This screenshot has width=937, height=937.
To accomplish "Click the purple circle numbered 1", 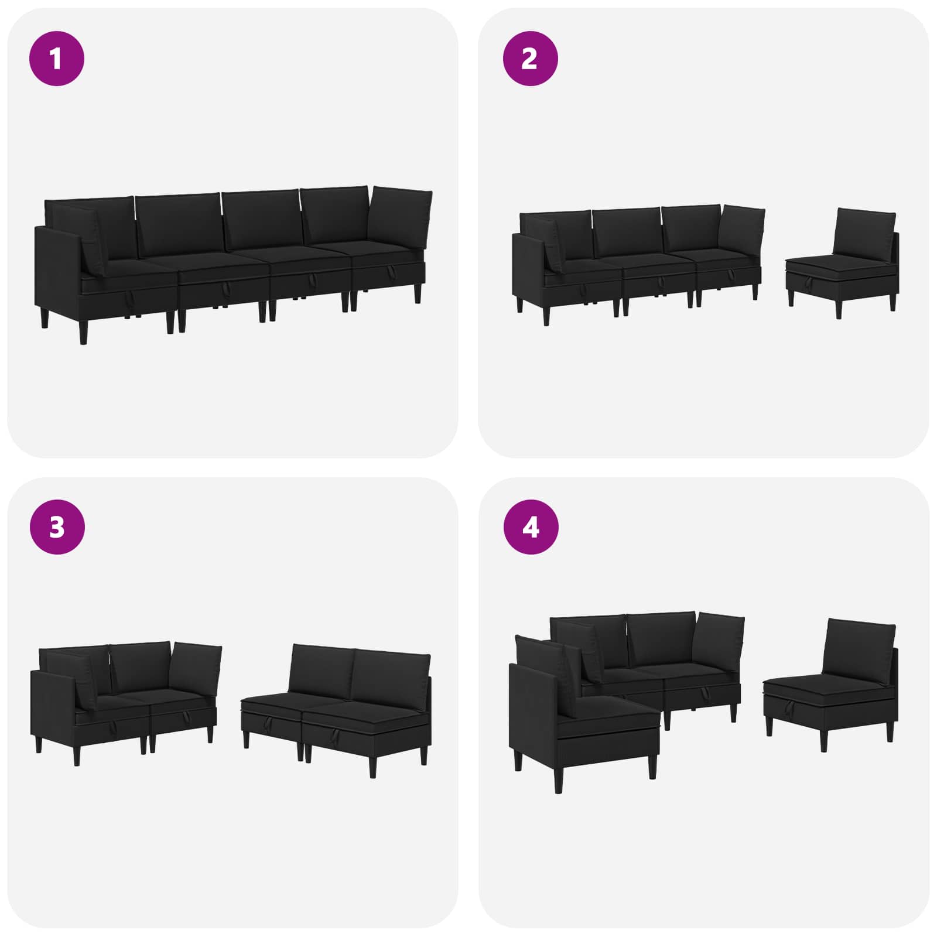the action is [57, 59].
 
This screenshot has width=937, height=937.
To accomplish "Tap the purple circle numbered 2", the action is [530, 59].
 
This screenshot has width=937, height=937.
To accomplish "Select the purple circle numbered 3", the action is [57, 527].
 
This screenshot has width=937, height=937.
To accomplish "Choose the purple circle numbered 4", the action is [531, 527].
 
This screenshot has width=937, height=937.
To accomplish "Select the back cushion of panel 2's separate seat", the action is [864, 234].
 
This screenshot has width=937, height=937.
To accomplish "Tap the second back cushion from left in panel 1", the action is [179, 225].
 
